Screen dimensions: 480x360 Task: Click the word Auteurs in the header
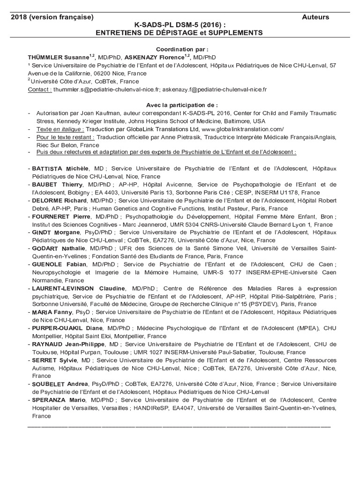tap(315, 17)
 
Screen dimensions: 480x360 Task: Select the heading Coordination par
tap(182, 49)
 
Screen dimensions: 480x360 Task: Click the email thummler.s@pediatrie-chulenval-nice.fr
tap(107, 90)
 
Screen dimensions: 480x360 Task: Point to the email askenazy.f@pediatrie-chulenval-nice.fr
tap(215, 90)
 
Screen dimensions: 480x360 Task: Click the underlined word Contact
tap(40, 90)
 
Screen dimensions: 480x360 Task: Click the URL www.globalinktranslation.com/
tap(243, 129)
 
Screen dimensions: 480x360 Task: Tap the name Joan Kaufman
tap(93, 113)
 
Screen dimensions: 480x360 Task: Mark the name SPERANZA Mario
tap(59, 400)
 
